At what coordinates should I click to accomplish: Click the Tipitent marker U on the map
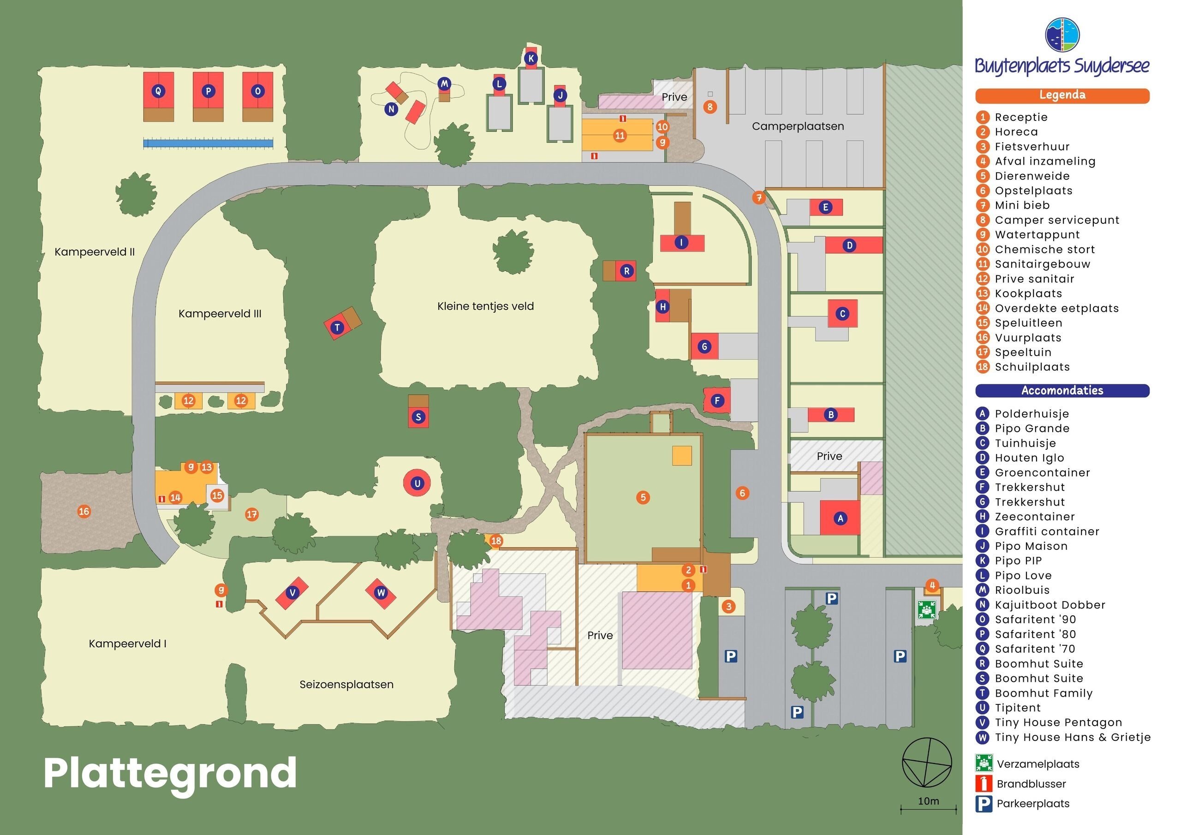(x=417, y=483)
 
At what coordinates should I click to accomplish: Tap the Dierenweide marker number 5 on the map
(x=643, y=497)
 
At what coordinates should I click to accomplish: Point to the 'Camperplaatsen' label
(x=798, y=126)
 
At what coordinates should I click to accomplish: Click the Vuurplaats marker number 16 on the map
(x=84, y=512)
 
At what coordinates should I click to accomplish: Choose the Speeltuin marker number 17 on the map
(x=251, y=514)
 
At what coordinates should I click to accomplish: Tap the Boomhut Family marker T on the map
(x=337, y=327)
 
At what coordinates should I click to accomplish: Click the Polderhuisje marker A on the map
(x=841, y=518)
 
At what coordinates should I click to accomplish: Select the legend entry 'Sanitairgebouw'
(x=1042, y=264)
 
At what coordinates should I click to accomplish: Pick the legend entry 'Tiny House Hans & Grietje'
(x=1073, y=737)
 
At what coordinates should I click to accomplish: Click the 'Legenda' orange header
(x=1062, y=95)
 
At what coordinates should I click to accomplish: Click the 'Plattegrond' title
(x=170, y=773)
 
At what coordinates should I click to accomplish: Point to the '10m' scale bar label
(x=929, y=801)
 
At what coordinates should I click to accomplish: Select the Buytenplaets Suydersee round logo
(x=1062, y=35)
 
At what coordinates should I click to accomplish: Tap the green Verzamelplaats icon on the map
(x=926, y=610)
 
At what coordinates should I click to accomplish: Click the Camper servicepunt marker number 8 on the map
(x=710, y=107)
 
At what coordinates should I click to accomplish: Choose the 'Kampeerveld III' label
(x=220, y=314)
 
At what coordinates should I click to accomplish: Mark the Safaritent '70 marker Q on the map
(x=158, y=91)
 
